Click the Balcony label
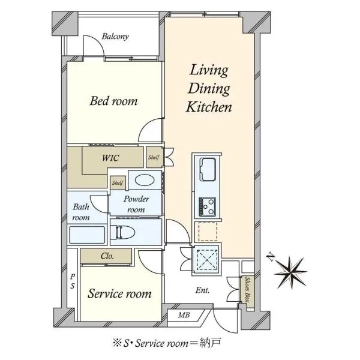[115, 36]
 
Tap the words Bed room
[113, 101]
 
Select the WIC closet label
[110, 158]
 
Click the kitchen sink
[208, 169]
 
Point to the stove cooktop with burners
[207, 206]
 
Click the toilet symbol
[122, 232]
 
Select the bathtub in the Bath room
[87, 235]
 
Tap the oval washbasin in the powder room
[145, 180]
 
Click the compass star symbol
[291, 272]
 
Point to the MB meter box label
[184, 315]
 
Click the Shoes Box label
[247, 290]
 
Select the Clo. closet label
[107, 256]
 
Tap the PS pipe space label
[73, 281]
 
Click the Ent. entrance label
[203, 290]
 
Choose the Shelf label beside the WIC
[154, 157]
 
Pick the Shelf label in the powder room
[118, 183]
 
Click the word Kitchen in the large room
[209, 107]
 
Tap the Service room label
[119, 293]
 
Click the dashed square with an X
[208, 259]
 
